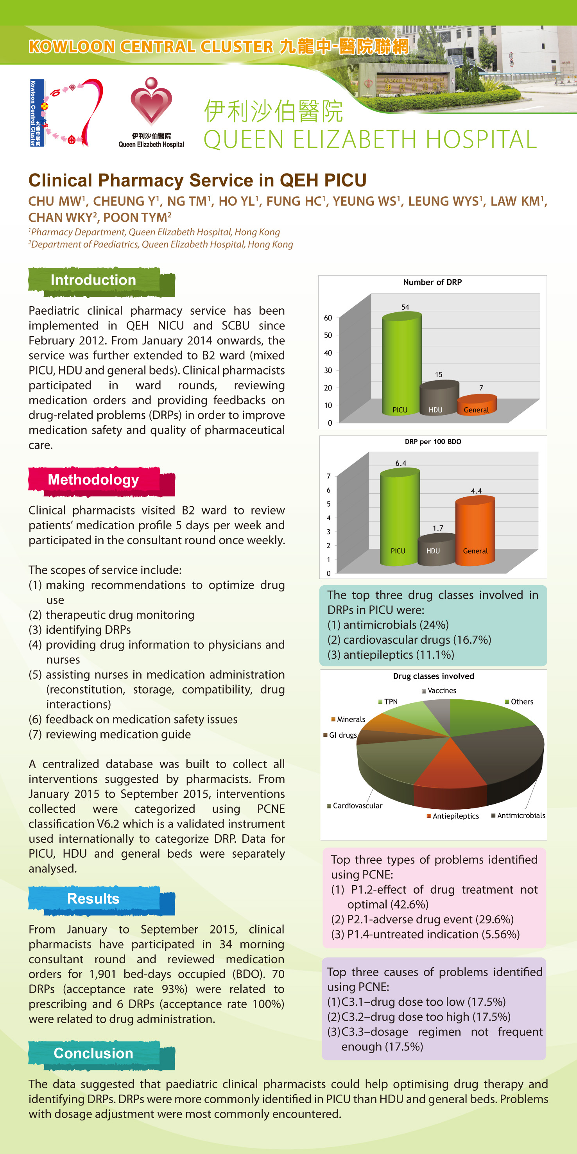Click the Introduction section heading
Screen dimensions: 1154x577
(x=93, y=280)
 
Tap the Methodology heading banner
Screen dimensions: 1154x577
(x=93, y=480)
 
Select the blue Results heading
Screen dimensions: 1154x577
(x=93, y=899)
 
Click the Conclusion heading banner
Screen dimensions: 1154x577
(x=93, y=1053)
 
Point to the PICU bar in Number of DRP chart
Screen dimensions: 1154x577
(x=401, y=363)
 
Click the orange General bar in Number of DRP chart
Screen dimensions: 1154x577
(x=476, y=405)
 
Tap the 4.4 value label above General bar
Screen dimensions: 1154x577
(x=476, y=491)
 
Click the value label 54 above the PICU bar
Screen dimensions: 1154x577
(x=405, y=307)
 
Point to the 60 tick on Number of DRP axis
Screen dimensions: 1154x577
(x=328, y=318)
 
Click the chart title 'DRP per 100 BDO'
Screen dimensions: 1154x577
(x=433, y=442)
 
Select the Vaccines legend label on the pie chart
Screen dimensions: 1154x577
(x=442, y=691)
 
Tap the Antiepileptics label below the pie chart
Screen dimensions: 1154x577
(x=455, y=816)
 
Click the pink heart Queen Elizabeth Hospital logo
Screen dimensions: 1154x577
(x=151, y=102)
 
